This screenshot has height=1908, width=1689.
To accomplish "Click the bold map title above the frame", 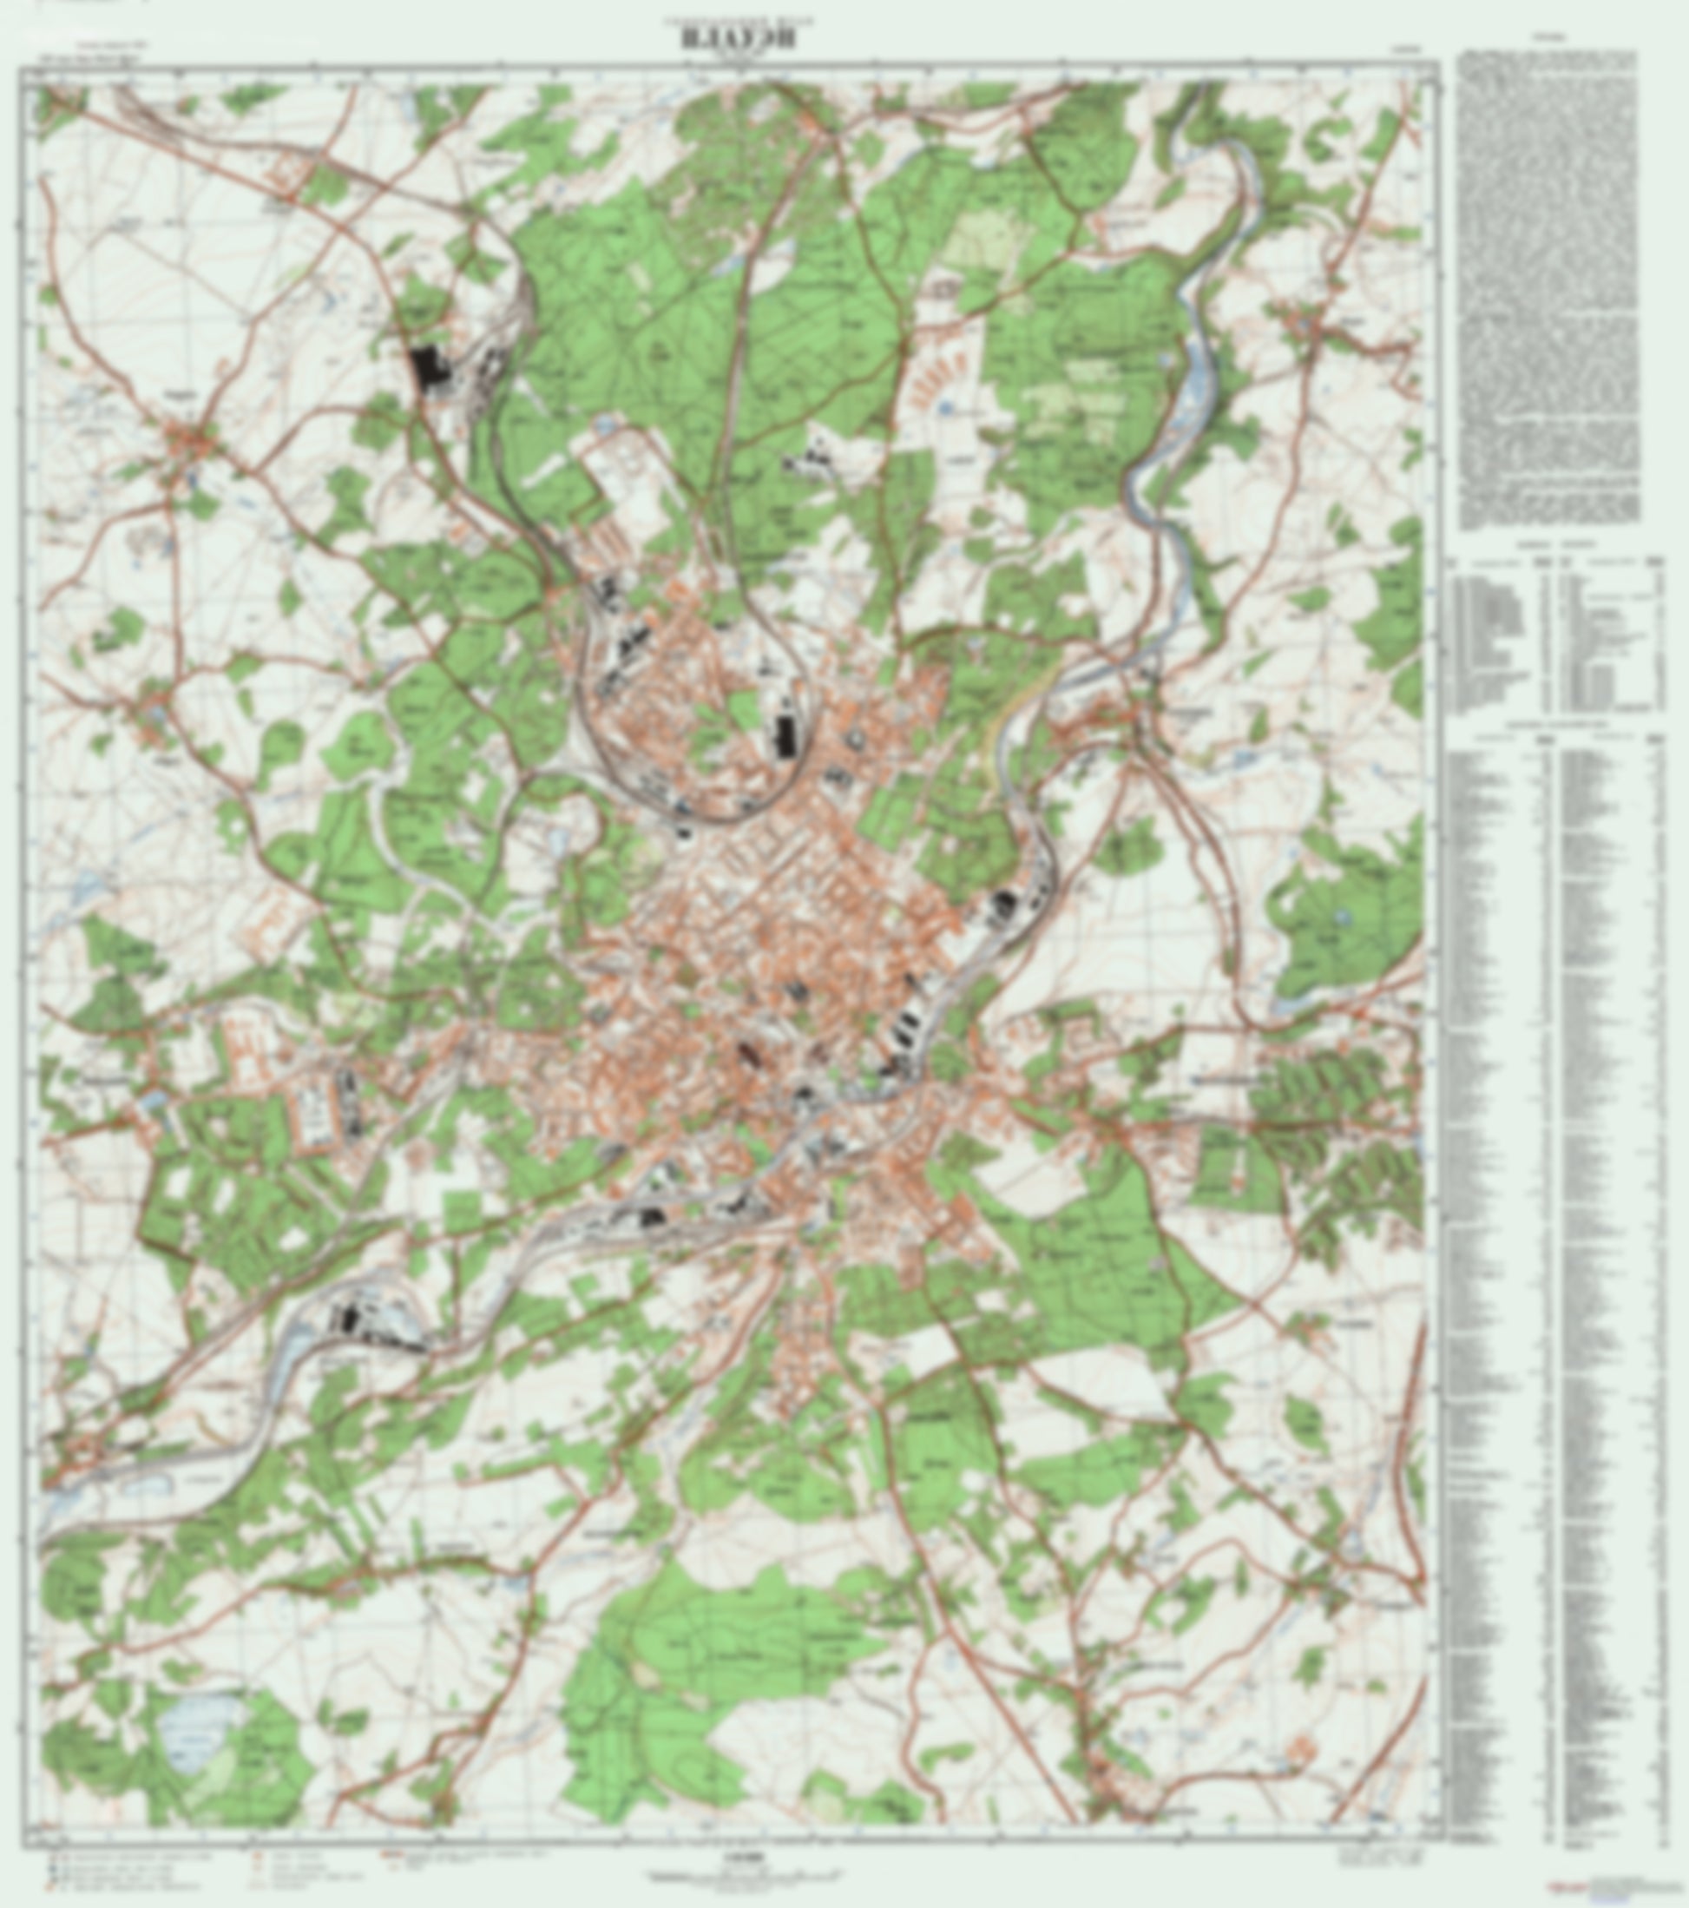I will coord(737,39).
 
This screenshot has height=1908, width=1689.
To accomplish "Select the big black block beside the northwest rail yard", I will coord(426,369).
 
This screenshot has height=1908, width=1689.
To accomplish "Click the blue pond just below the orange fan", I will coord(944,409).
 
